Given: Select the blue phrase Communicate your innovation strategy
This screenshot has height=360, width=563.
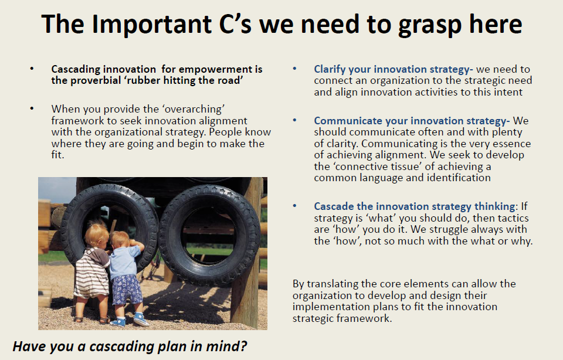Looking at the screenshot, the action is (x=410, y=121).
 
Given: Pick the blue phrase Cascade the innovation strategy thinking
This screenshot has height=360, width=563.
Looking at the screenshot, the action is (x=415, y=206).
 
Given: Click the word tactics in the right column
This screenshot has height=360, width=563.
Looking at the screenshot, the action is (x=510, y=218).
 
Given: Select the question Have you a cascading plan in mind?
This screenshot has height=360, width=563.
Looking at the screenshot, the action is (x=130, y=347).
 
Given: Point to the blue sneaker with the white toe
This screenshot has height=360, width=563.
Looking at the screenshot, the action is (x=140, y=319).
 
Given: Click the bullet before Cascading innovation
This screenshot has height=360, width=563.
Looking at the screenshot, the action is (x=32, y=68).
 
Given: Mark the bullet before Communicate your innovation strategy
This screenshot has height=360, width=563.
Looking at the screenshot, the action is (x=295, y=120).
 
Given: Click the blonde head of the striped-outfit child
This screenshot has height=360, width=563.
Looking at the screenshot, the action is (x=97, y=233).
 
